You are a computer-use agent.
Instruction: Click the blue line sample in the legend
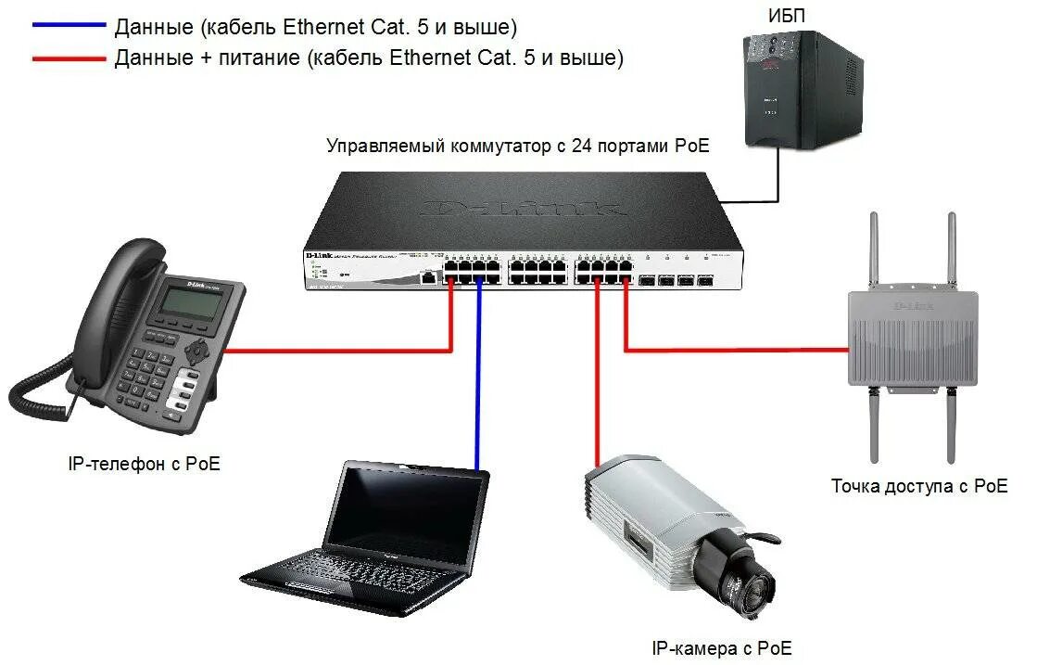69,25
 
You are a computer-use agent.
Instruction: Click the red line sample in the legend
69,58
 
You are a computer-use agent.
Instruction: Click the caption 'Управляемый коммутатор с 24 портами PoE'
518,147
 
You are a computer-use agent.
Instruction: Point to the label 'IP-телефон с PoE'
145,464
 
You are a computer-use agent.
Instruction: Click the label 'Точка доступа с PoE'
918,486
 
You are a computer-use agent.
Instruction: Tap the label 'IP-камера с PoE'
722,648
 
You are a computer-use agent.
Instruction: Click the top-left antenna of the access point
872,250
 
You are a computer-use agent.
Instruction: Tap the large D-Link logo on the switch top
524,208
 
